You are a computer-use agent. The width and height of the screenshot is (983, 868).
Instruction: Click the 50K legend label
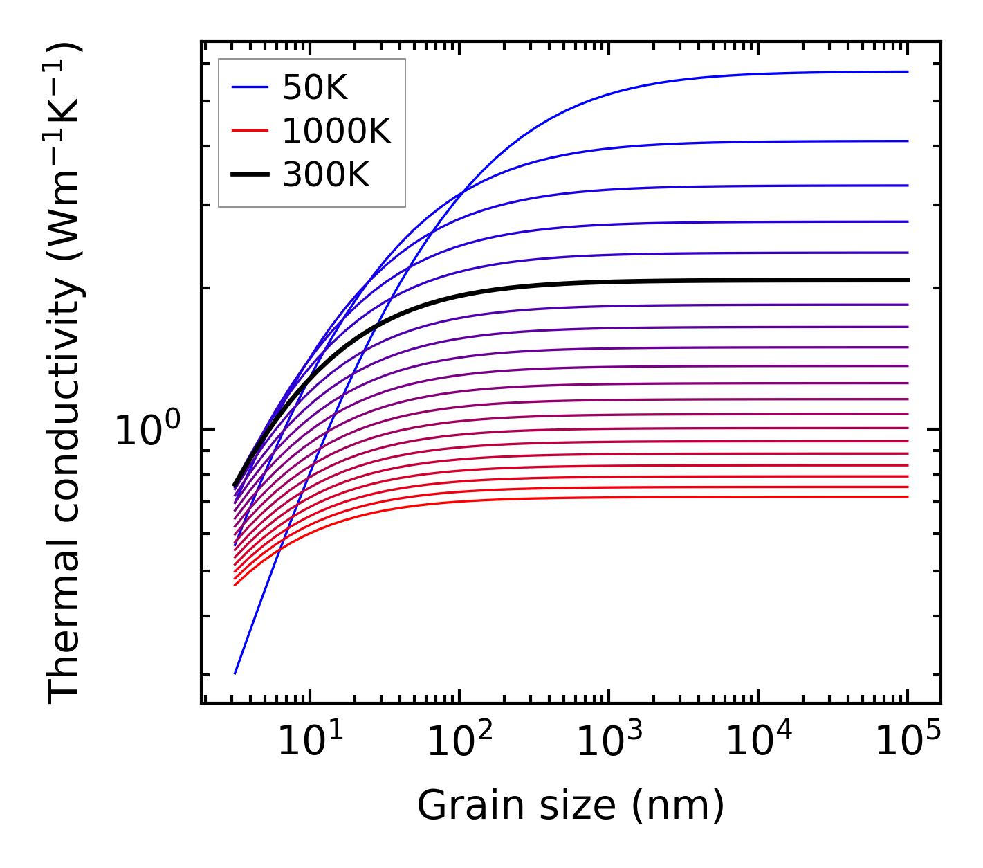pos(315,87)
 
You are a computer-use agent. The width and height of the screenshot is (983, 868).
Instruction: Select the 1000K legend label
pos(336,131)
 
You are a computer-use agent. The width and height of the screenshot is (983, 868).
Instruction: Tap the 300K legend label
pos(326,175)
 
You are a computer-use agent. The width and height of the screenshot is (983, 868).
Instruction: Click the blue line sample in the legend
pos(250,87)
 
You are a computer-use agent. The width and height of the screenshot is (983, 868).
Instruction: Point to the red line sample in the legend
pos(250,131)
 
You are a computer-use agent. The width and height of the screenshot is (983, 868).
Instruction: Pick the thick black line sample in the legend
pos(250,175)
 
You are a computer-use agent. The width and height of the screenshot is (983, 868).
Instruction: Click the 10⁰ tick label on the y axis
pos(147,431)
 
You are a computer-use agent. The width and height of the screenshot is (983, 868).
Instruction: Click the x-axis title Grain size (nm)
pos(571,806)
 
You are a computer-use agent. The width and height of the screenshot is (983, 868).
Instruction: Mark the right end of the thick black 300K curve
pos(907,280)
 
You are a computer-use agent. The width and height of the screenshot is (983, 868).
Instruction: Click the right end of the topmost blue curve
pos(907,71)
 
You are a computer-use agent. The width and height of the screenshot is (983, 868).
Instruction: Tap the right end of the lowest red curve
pos(907,496)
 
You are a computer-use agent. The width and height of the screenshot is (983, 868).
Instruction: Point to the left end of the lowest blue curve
pos(235,673)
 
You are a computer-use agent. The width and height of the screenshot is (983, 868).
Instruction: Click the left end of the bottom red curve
pos(235,586)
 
